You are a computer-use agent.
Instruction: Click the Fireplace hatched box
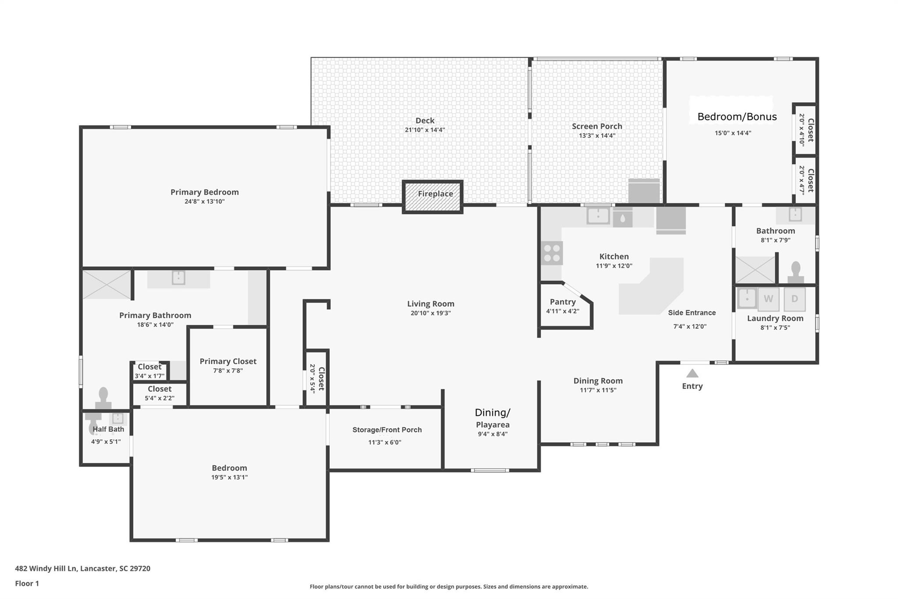433,197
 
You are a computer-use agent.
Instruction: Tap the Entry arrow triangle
692,373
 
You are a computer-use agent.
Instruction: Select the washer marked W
768,299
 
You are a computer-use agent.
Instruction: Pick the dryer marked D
795,299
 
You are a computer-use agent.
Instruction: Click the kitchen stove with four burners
552,253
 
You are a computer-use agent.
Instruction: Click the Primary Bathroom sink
178,278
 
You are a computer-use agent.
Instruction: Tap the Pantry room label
563,302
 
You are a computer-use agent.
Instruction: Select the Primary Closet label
228,361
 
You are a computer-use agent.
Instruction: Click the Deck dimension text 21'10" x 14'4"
425,130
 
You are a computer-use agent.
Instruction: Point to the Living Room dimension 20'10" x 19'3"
431,313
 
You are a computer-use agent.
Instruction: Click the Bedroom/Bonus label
737,117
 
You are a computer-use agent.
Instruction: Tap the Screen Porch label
597,126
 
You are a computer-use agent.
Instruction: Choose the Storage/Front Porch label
387,430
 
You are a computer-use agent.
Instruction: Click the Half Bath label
108,429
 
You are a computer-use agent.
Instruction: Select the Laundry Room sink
747,298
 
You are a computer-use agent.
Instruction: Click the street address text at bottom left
82,569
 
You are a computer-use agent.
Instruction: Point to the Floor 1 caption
27,584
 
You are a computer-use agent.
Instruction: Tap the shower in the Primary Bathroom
107,285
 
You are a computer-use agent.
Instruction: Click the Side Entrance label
692,313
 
